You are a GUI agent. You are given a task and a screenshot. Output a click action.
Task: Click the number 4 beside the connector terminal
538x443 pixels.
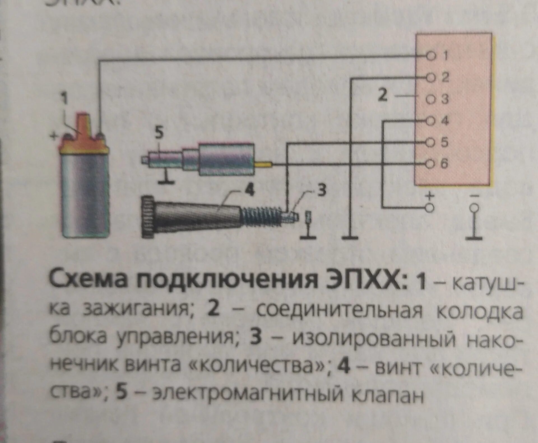445,121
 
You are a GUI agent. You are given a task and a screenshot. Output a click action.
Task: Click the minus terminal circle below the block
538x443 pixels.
474,208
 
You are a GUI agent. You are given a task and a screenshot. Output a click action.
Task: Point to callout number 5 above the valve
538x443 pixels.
159,133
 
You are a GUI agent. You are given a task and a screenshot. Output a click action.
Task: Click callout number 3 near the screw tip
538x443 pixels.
322,190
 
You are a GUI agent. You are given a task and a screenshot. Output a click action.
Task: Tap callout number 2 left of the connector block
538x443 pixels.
382,95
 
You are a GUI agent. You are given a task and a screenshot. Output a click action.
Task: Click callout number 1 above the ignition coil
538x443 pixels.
65,99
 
